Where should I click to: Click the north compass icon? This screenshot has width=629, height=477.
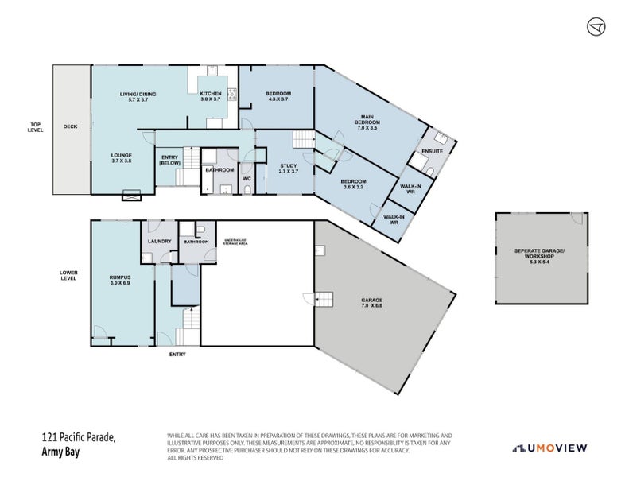point(596,26)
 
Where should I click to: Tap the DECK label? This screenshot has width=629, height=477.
point(71,126)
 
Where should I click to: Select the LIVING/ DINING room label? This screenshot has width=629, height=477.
point(138,97)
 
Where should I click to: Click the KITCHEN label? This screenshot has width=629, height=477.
point(211,97)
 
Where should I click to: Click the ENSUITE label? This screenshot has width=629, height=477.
point(433,151)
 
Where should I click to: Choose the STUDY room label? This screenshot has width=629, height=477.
point(288,169)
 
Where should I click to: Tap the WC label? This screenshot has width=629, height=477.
point(247,179)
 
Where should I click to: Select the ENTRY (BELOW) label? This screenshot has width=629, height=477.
point(169,160)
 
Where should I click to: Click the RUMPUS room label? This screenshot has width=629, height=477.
point(119,280)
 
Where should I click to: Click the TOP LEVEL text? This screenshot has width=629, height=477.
point(35,126)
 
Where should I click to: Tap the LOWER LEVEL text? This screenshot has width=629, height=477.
point(68,275)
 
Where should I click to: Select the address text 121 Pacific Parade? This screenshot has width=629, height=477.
point(79,437)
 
